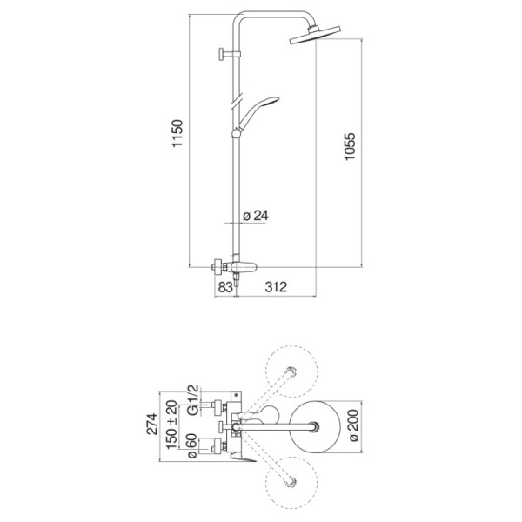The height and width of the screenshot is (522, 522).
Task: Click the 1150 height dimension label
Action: point(177,133)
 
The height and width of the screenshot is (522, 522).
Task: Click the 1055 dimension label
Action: point(350,147)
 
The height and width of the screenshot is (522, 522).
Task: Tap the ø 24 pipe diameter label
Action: point(255,216)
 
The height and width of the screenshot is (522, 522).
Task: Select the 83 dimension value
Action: point(225,286)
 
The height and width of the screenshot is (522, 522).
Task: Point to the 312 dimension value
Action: point(276,286)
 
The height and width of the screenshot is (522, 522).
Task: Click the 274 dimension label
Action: point(152,424)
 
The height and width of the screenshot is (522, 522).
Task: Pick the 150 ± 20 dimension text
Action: point(171,425)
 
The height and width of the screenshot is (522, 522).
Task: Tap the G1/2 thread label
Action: point(193,400)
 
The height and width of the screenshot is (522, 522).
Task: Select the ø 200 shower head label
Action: point(354,425)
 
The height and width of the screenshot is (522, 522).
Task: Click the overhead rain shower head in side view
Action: point(315,35)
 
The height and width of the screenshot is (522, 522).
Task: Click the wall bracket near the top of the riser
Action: point(230,54)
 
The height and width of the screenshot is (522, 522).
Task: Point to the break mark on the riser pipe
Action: point(238,101)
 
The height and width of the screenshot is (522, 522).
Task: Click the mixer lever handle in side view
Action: point(244,266)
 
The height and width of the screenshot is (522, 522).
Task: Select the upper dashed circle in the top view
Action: point(291,371)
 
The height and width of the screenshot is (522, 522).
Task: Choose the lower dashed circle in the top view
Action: point(291,482)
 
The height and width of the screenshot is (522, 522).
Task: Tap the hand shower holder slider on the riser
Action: point(236,133)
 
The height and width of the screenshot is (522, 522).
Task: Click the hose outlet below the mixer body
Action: point(237,280)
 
